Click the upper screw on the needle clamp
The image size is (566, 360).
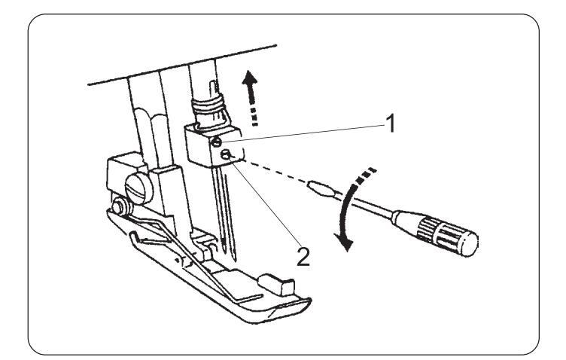(216, 140)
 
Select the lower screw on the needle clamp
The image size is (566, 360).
(225, 157)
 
